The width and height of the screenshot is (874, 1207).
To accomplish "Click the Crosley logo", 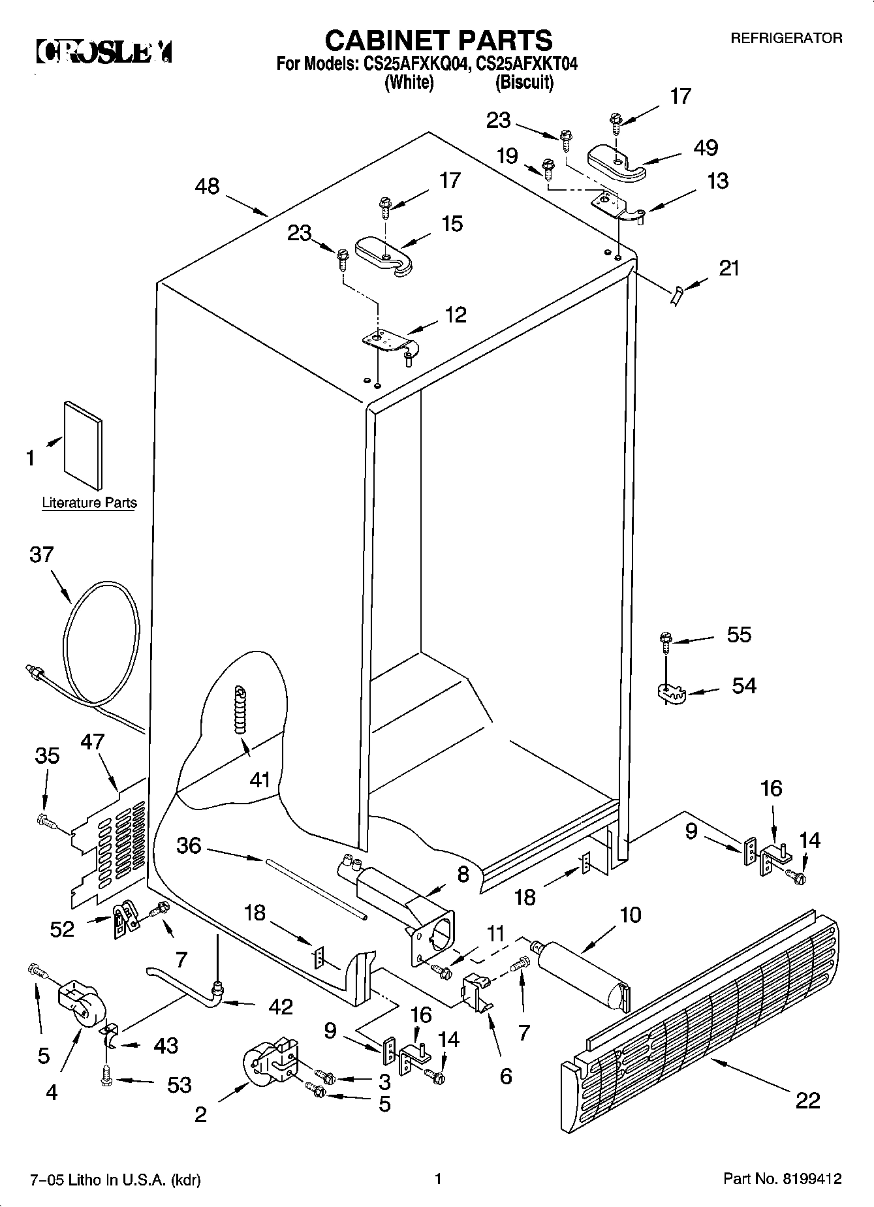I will coord(104,52).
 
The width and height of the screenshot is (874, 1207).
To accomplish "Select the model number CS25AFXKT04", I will coord(527,64).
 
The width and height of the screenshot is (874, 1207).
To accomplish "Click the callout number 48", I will coord(208,187).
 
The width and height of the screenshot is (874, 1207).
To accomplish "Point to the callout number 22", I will coord(807,1101).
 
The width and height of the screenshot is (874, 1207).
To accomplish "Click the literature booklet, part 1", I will coord(83,444).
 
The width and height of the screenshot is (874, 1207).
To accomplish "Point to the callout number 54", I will coord(743,685).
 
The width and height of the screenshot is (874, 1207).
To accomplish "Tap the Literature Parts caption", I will coord(89,503).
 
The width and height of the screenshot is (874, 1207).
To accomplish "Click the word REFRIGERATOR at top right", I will coord(786,39).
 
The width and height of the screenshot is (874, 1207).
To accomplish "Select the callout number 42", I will coord(280,1007).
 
